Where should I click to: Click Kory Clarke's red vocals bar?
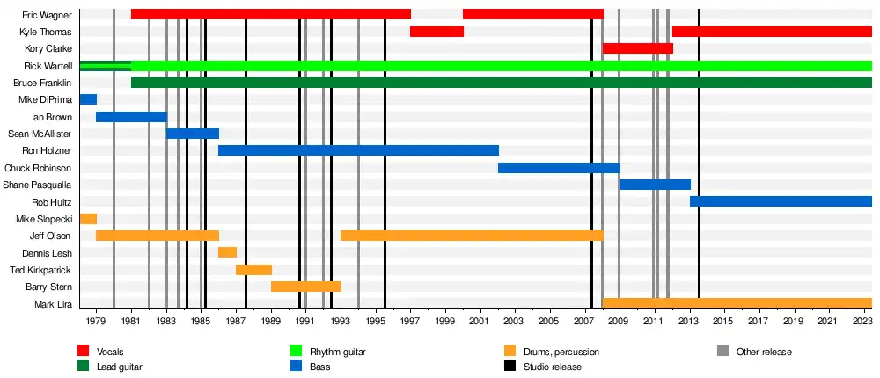tap(637, 48)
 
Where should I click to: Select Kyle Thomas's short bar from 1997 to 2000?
tap(436, 32)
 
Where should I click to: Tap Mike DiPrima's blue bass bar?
tap(88, 99)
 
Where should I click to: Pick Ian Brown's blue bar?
tap(131, 117)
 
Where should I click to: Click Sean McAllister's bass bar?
tap(193, 134)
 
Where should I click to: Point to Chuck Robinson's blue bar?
tap(559, 168)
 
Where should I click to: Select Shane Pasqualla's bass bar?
tap(655, 185)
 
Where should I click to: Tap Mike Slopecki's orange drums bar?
tap(88, 219)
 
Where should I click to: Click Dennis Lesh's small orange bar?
tap(227, 253)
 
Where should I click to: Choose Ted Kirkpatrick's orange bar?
tap(253, 270)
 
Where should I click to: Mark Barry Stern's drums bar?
tap(306, 287)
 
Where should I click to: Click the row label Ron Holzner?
tap(48, 151)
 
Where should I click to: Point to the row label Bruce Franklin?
tap(42, 83)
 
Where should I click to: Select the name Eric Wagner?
tap(48, 15)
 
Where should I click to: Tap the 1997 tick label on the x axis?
tap(411, 322)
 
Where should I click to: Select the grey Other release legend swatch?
tap(723, 352)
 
